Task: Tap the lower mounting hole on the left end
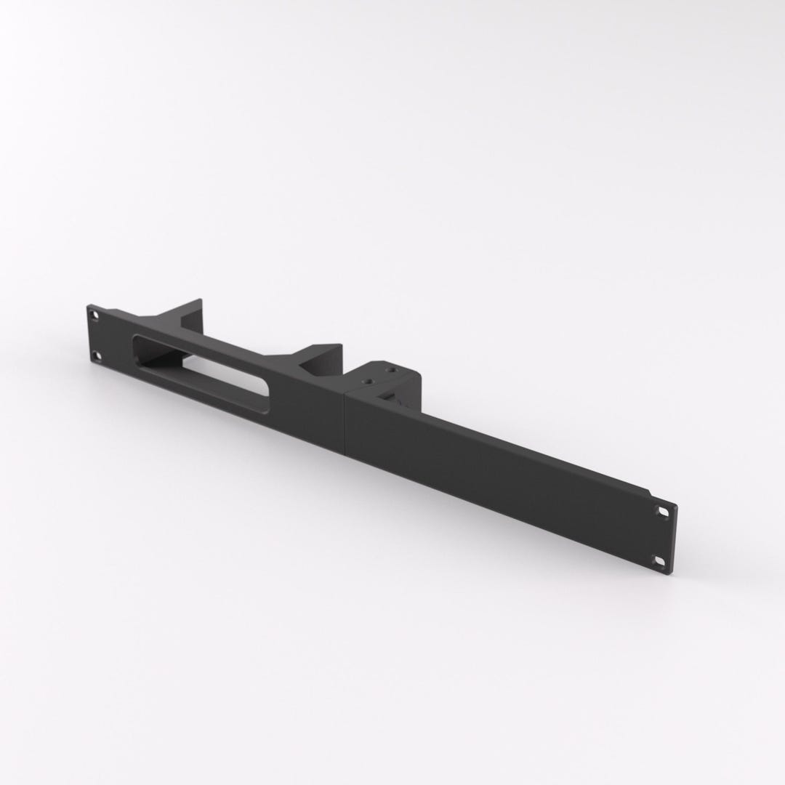pos(96,355)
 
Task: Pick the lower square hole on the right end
pos(659,560)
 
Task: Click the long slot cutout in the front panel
pos(201,370)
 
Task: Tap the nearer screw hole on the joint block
pos(370,379)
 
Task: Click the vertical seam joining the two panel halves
pos(345,422)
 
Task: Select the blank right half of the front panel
pos(494,465)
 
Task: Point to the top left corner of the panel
pos(88,305)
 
